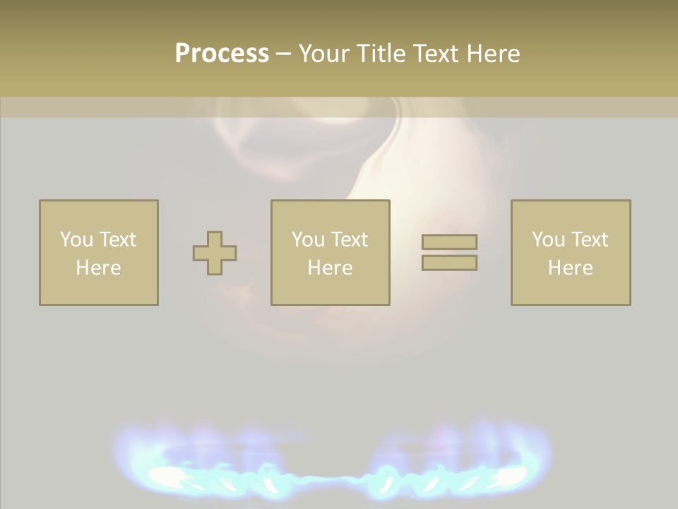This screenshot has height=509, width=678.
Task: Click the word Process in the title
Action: point(222,54)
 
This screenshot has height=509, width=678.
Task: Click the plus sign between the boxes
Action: point(215,252)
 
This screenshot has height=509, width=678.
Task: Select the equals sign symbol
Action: point(449,252)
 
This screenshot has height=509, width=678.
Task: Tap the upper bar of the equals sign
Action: point(449,242)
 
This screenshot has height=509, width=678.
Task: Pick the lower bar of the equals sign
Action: point(449,262)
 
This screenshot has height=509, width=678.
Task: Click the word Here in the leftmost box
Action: point(98,268)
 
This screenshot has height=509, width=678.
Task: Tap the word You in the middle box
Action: point(308,240)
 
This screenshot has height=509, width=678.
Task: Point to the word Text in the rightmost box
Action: point(590,240)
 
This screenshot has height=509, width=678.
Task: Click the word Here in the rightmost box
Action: point(570,268)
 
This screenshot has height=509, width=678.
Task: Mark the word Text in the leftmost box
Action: point(118,240)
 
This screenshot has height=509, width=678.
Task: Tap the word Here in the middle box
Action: point(330,268)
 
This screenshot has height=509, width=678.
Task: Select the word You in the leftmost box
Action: point(76,240)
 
